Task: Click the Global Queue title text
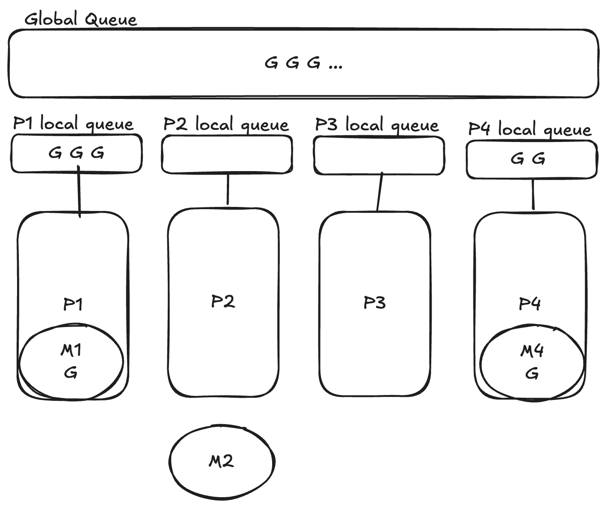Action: [x=81, y=20]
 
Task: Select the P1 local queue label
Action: [x=73, y=124]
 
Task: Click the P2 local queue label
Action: [x=226, y=125]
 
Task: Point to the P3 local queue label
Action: [x=377, y=125]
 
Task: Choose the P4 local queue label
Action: [x=529, y=129]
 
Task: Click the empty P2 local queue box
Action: [x=227, y=155]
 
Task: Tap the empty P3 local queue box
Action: [x=379, y=155]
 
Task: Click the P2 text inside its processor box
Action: [x=223, y=301]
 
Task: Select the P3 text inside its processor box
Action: [x=374, y=303]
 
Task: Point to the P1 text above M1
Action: [x=73, y=304]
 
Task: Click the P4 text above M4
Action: [x=529, y=304]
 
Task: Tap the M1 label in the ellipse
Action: [x=71, y=350]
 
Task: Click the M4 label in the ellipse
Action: [x=532, y=351]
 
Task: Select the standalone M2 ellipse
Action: [x=222, y=461]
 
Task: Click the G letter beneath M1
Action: [x=71, y=373]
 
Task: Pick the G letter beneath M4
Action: [x=532, y=374]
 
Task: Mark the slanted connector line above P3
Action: [x=380, y=192]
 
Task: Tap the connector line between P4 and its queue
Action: [x=533, y=194]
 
